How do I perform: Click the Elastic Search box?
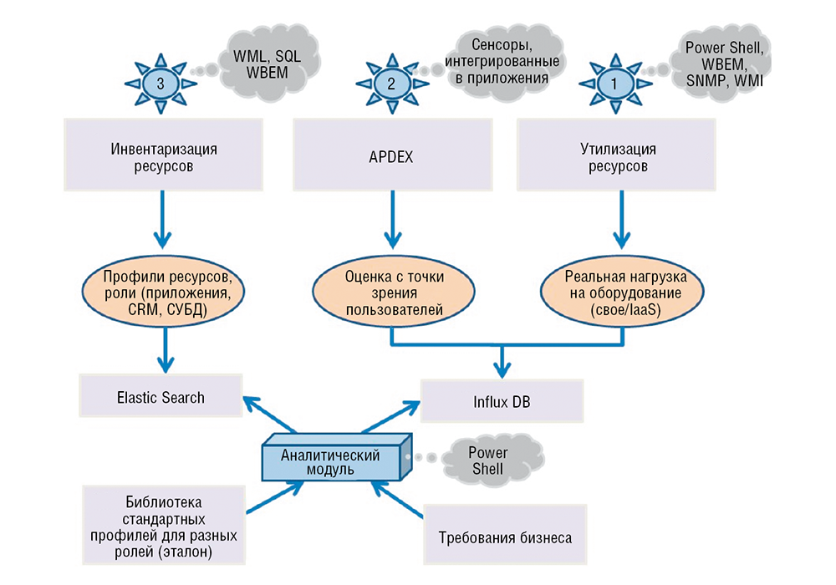(x=161, y=397)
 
